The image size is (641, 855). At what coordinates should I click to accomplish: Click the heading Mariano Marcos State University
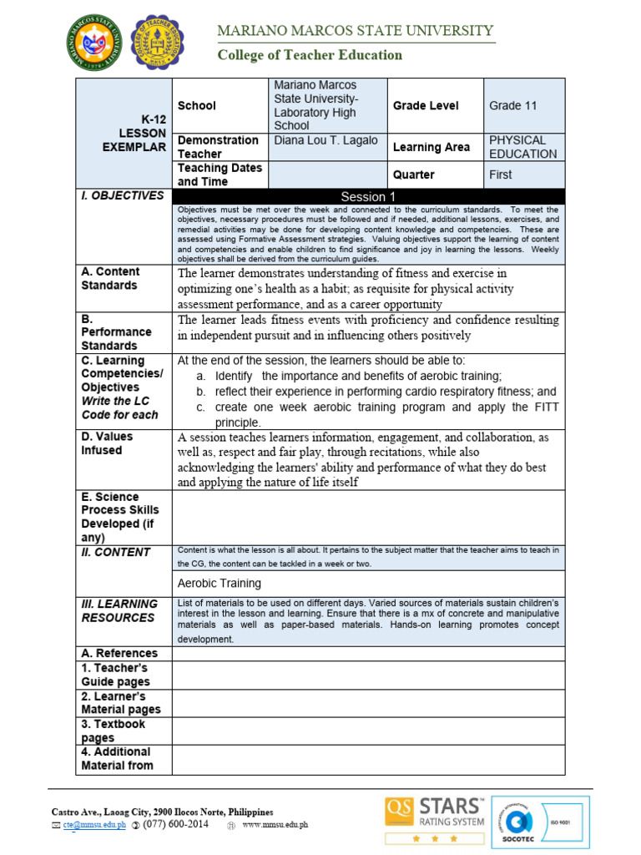tap(355, 31)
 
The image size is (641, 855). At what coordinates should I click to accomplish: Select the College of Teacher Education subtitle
tap(310, 55)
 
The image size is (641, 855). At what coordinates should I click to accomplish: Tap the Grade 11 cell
tap(512, 106)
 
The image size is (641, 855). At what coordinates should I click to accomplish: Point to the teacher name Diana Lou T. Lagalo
tap(326, 140)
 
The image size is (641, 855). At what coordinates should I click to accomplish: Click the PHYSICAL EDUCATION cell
tap(522, 147)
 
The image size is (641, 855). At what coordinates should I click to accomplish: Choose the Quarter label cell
tap(414, 175)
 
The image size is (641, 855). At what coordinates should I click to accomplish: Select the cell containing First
tap(501, 175)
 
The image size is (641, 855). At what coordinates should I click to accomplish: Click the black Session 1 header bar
tap(368, 196)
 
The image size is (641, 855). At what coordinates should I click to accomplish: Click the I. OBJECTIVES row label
tap(123, 195)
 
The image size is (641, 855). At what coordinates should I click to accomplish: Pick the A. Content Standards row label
tap(110, 279)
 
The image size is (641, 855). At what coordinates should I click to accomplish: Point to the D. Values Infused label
tap(107, 443)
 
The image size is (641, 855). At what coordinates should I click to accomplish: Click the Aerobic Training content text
tap(220, 583)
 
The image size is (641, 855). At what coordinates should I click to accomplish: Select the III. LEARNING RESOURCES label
tap(119, 610)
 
